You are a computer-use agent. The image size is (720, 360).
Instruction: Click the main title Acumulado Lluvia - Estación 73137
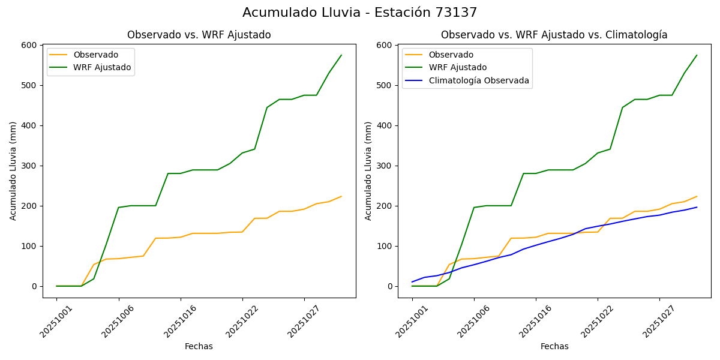point(360,13)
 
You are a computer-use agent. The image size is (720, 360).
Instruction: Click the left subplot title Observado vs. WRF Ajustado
point(199,35)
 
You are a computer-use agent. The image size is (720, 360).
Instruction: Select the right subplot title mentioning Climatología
point(554,35)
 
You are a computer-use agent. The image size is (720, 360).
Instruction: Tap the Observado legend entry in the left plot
point(95,55)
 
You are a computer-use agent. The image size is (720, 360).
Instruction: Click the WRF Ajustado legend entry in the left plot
point(102,67)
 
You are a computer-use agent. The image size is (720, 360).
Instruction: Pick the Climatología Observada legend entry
point(478,80)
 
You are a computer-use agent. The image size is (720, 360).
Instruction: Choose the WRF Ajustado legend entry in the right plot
point(457,67)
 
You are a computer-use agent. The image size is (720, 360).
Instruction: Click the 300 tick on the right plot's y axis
point(385,166)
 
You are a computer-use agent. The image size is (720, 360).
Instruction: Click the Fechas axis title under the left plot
point(199,346)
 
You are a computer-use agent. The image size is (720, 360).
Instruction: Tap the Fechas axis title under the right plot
point(554,346)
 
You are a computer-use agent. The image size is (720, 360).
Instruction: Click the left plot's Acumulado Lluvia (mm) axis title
point(13,170)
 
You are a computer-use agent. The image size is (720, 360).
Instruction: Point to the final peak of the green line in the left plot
point(341,55)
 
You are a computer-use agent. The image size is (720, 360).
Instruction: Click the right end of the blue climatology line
point(697,207)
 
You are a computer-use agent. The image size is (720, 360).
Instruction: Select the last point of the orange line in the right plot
point(697,196)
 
